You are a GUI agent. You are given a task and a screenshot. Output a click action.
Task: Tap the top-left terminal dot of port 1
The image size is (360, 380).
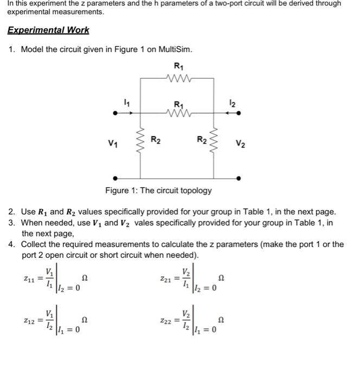(114, 113)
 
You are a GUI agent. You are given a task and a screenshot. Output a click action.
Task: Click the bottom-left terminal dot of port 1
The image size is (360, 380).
(114, 178)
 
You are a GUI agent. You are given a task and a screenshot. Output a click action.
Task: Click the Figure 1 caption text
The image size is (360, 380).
(158, 191)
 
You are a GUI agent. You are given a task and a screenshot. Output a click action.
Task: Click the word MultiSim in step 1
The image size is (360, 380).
(175, 49)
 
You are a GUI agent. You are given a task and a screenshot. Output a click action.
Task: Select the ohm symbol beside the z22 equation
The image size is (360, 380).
(220, 321)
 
